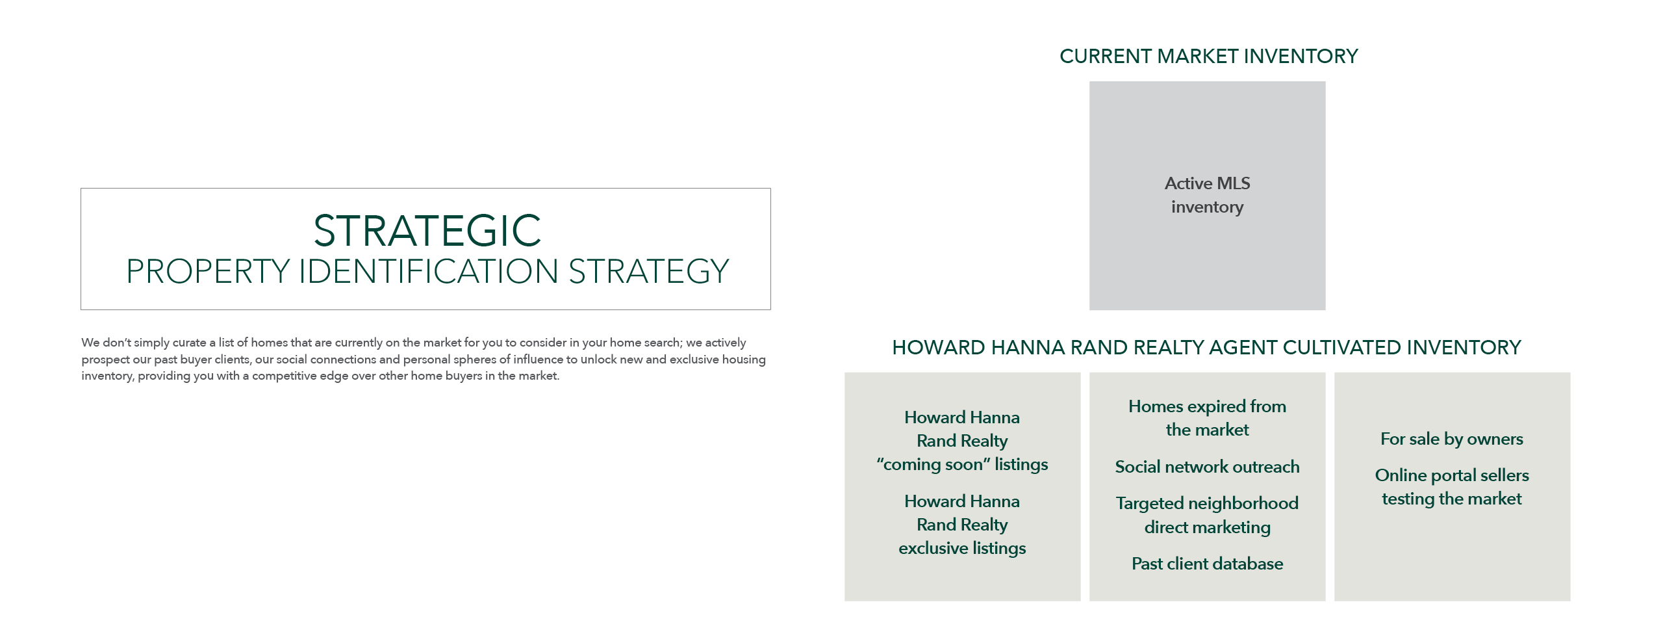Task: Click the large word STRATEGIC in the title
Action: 427,231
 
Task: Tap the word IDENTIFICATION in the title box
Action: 428,272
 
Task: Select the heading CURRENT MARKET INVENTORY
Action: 1208,57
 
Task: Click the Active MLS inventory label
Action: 1207,195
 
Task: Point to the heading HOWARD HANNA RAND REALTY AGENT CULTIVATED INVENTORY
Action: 1206,348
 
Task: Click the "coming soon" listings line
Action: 962,464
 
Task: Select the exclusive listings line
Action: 962,548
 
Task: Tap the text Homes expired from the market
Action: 1207,418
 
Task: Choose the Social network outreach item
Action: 1207,467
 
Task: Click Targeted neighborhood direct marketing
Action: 1207,515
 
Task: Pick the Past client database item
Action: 1207,564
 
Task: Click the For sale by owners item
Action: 1452,440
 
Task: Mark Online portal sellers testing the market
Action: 1452,487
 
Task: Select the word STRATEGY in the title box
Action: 649,272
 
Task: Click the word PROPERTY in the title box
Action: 208,272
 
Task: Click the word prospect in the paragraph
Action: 105,360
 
